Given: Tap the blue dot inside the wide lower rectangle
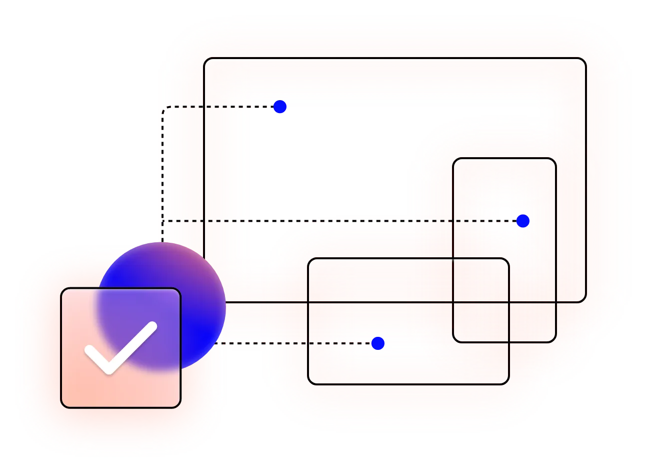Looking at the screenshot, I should [378, 343].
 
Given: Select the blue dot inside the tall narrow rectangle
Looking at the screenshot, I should [523, 221].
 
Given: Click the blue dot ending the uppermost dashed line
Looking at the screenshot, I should [280, 107].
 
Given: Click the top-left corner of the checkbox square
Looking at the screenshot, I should [62, 289].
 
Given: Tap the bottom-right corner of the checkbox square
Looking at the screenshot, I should [179, 406].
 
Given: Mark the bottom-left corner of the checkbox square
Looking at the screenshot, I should [62, 406].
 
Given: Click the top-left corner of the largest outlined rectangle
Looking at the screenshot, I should [205, 60].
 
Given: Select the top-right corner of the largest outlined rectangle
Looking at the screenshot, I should [584, 60].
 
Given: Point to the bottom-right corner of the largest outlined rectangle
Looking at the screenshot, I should [584, 301].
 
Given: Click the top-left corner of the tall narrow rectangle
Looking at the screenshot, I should [454, 159].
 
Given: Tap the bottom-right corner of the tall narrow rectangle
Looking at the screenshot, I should [555, 341].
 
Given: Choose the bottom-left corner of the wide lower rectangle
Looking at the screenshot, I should [309, 383].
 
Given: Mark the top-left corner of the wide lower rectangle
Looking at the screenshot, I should [309, 259].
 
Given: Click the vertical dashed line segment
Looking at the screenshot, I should [163, 165].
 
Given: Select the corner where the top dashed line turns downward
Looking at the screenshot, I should [163, 107].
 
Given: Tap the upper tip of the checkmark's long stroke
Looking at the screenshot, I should [152, 326].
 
